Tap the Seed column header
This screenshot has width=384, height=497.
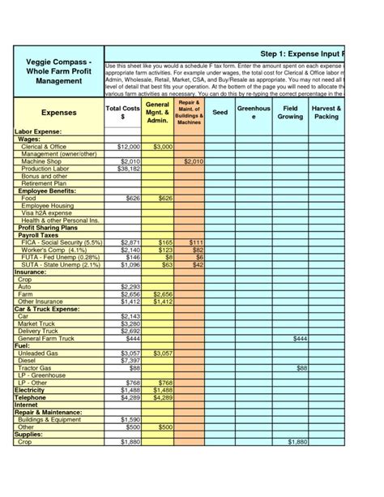point(220,113)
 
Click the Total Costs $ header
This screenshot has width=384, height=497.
point(122,113)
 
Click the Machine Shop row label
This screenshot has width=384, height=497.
point(41,161)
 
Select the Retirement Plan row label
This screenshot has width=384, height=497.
point(44,183)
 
